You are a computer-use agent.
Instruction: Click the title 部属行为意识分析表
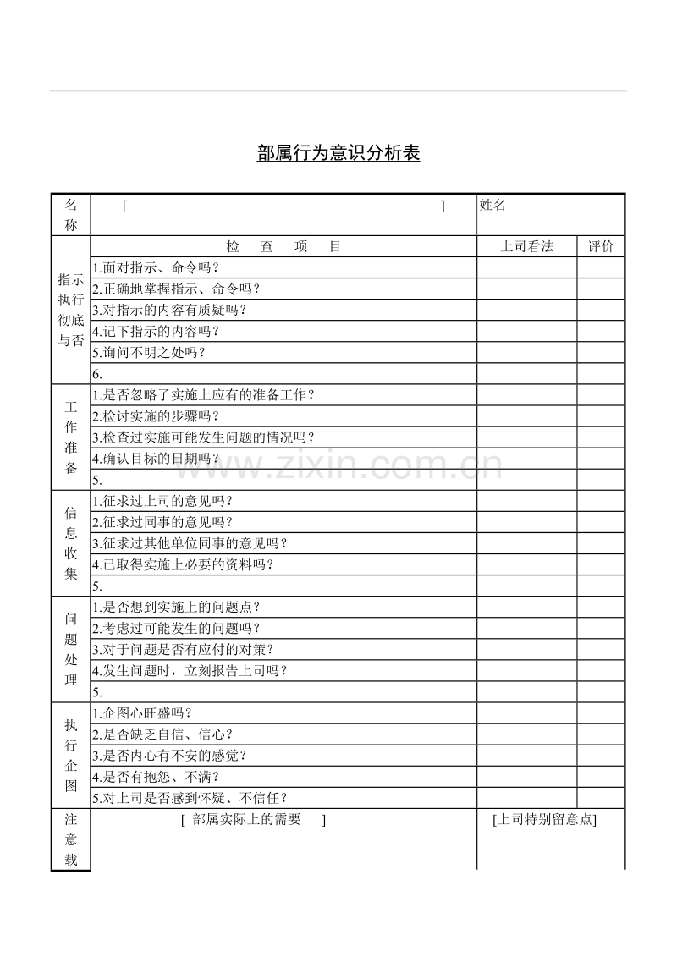pyautogui.click(x=338, y=153)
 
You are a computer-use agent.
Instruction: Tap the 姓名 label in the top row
pyautogui.click(x=493, y=205)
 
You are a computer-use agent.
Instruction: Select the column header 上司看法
pyautogui.click(x=527, y=247)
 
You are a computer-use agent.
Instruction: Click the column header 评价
pyautogui.click(x=601, y=247)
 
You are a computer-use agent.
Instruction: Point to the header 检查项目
pyautogui.click(x=283, y=247)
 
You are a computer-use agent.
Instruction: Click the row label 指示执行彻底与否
pyautogui.click(x=71, y=310)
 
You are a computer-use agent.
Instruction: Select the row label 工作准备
pyautogui.click(x=71, y=437)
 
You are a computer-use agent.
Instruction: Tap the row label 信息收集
pyautogui.click(x=71, y=543)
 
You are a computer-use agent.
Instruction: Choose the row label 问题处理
pyautogui.click(x=71, y=649)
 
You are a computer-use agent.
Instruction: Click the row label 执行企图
pyautogui.click(x=71, y=755)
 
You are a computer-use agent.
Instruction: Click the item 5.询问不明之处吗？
pyautogui.click(x=149, y=353)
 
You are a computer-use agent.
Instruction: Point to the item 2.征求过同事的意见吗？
pyautogui.click(x=162, y=522)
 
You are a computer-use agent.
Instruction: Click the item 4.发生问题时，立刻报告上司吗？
pyautogui.click(x=190, y=671)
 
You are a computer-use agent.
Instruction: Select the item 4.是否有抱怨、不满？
pyautogui.click(x=156, y=777)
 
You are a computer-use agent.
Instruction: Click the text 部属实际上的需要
pyautogui.click(x=246, y=819)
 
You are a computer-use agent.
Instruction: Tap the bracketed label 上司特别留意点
pyautogui.click(x=544, y=819)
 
